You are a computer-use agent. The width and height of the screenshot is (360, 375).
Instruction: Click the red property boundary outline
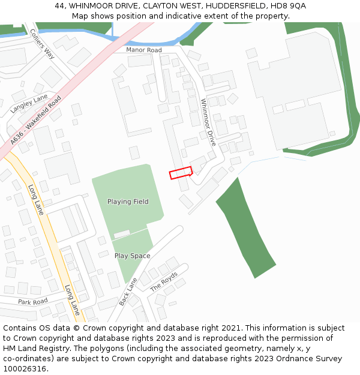pyautogui.click(x=181, y=173)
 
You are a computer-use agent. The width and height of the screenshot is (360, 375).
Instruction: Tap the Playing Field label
pyautogui.click(x=128, y=202)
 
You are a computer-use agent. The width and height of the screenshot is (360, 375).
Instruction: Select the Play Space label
pyautogui.click(x=133, y=256)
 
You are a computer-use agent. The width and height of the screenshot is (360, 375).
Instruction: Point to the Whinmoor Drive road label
pyautogui.click(x=208, y=122)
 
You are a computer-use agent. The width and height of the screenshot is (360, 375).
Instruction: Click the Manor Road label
pyautogui.click(x=144, y=50)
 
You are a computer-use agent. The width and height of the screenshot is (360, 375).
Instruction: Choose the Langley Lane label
pyautogui.click(x=29, y=104)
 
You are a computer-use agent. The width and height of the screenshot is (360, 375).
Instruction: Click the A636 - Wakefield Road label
pyautogui.click(x=36, y=120)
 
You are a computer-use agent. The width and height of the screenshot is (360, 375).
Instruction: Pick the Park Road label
pyautogui.click(x=32, y=301)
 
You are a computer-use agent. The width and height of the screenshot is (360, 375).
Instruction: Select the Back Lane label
pyautogui.click(x=128, y=291)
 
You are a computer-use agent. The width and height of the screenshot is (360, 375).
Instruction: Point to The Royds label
pyautogui.click(x=164, y=281)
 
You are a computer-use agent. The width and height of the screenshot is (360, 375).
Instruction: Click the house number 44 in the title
pyautogui.click(x=59, y=5)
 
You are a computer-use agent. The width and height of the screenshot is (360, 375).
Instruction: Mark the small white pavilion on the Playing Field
pyautogui.click(x=122, y=233)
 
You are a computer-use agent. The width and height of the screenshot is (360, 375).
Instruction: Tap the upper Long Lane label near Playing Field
pyautogui.click(x=36, y=200)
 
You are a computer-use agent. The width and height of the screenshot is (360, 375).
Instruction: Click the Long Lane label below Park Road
pyautogui.click(x=73, y=300)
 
